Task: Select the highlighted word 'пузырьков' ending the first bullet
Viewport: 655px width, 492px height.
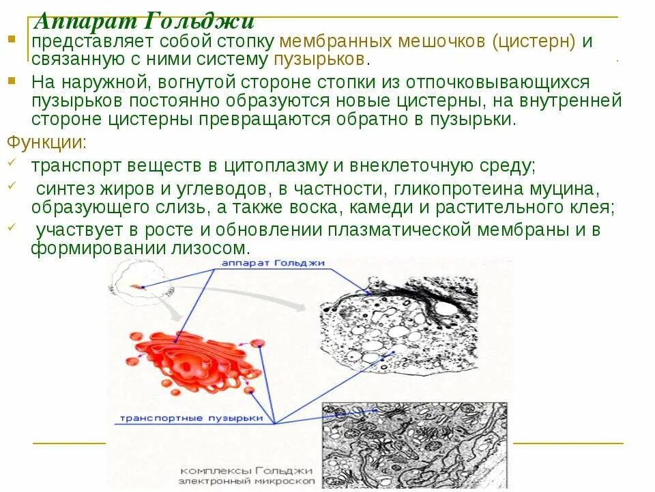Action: (x=319, y=59)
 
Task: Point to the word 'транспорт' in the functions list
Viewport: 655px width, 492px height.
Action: (x=72, y=165)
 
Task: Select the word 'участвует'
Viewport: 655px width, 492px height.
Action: (x=79, y=230)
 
